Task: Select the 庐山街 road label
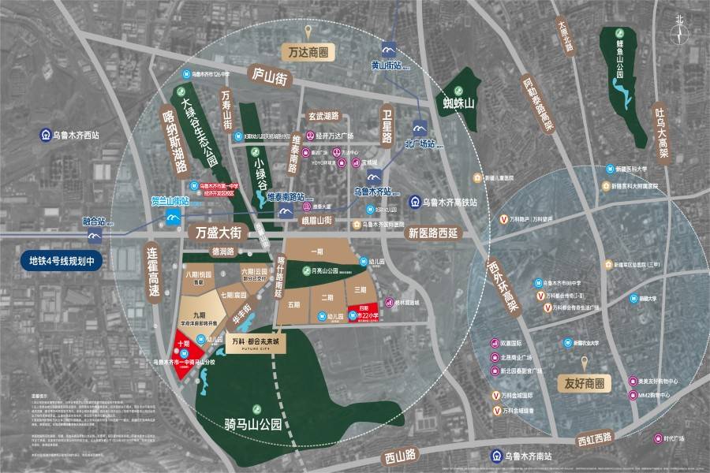[269, 76]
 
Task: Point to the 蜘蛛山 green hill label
[458, 104]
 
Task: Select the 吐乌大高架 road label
[660, 132]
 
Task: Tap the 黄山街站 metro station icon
[387, 49]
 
